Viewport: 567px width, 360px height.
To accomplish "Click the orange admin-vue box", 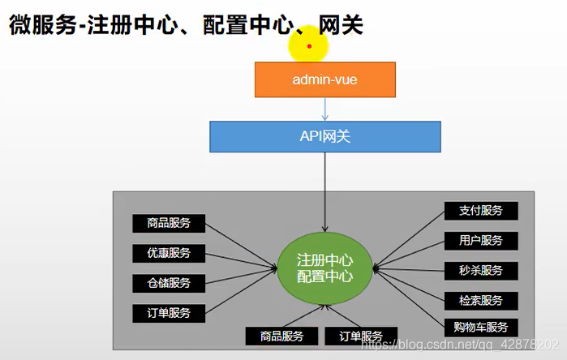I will (324, 79).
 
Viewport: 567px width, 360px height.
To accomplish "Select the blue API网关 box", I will (324, 136).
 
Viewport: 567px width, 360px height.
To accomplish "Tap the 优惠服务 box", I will (169, 253).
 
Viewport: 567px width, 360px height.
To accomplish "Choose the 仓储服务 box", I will (169, 283).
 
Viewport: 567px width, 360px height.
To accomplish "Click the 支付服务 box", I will (481, 211).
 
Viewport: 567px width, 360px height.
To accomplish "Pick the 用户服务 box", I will (481, 241).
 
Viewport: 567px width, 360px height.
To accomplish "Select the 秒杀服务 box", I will (481, 271).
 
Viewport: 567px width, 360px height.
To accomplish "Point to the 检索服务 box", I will (481, 300).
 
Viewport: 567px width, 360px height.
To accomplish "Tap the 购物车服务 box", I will (481, 328).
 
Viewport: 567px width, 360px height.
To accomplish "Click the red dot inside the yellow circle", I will (309, 45).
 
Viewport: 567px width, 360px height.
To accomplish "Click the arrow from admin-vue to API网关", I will (324, 109).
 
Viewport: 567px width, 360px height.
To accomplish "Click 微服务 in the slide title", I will (35, 26).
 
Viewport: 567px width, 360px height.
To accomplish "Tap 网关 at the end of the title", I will (341, 26).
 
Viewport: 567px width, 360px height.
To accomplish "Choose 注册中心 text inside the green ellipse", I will (324, 260).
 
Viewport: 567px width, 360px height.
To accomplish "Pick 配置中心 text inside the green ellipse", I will (324, 276).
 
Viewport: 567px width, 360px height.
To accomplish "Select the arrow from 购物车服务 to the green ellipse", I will (410, 299).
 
